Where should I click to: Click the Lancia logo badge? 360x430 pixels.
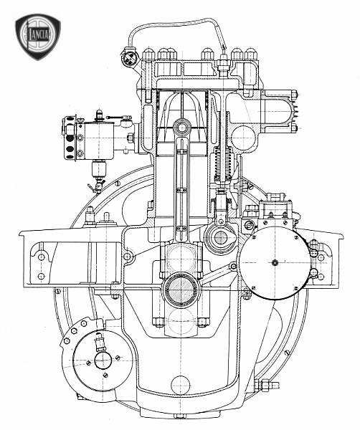(x=38, y=37)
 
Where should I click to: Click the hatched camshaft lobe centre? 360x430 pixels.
(x=220, y=237)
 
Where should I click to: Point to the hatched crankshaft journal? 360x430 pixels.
(x=181, y=290)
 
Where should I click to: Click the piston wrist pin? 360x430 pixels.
(x=181, y=128)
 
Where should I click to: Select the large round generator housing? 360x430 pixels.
(x=275, y=262)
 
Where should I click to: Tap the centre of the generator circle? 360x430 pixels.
(x=275, y=263)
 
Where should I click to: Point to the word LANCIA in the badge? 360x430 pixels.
(x=39, y=34)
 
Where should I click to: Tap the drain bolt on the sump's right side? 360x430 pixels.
(x=267, y=384)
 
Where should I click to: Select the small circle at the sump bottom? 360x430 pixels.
(x=180, y=385)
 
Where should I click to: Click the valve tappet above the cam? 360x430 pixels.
(x=222, y=208)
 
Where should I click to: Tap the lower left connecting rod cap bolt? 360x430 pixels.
(x=158, y=322)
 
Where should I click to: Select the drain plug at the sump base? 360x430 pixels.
(x=180, y=416)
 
